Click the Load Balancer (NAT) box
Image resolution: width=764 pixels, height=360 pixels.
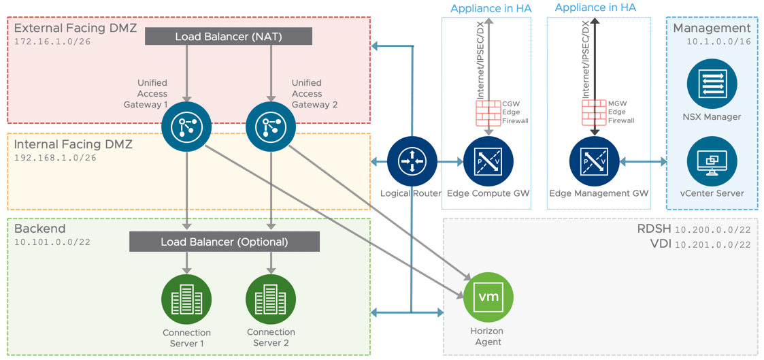pyautogui.click(x=229, y=36)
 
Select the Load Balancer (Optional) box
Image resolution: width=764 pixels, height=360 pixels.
pyautogui.click(x=225, y=242)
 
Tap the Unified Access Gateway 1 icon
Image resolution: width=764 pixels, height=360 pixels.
pyautogui.click(x=186, y=127)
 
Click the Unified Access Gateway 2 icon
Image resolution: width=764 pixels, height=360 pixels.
pyautogui.click(x=271, y=127)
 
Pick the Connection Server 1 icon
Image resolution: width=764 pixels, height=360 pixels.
pyautogui.click(x=186, y=299)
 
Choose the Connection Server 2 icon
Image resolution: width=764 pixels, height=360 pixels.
pyautogui.click(x=271, y=299)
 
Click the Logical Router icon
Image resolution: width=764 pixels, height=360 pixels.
pyautogui.click(x=412, y=161)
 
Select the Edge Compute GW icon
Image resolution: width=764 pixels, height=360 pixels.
pyautogui.click(x=488, y=161)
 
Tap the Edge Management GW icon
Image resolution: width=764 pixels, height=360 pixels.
pyautogui.click(x=595, y=161)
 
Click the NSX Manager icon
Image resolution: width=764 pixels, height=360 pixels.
pyautogui.click(x=712, y=84)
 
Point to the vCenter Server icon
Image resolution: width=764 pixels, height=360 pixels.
pyautogui.click(x=712, y=161)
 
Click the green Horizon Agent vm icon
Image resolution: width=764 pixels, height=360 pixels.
pyautogui.click(x=488, y=297)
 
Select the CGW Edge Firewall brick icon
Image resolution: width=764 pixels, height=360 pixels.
pyautogui.click(x=488, y=112)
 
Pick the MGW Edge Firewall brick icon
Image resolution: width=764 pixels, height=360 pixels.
pyautogui.click(x=594, y=112)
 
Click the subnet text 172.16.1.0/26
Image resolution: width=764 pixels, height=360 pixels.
pyautogui.click(x=52, y=42)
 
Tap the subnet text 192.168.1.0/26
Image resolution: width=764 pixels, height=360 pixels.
pyautogui.click(x=55, y=158)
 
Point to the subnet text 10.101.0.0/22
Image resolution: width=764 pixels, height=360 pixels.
pyautogui.click(x=52, y=242)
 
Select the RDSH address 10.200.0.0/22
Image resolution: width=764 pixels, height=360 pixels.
pyautogui.click(x=713, y=230)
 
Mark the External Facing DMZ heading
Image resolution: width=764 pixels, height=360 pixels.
pyautogui.click(x=76, y=29)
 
